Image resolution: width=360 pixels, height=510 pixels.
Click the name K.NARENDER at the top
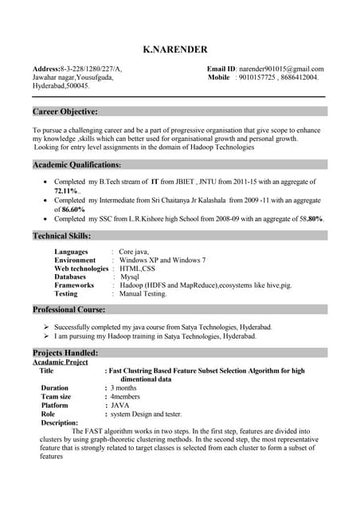pos(174,49)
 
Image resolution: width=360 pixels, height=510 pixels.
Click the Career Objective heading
pos(65,112)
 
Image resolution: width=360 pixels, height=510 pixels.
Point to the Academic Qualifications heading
pos(77,164)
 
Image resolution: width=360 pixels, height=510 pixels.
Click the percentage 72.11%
pos(67,191)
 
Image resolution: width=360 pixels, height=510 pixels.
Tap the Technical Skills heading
pos(62,236)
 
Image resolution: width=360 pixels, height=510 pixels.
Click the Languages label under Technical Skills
pos(71,252)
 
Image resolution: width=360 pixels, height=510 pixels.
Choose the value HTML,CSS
pos(136,269)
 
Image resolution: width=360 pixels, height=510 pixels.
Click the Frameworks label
pos(74,285)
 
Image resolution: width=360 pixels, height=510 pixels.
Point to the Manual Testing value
pos(143,293)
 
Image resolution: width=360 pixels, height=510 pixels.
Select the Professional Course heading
pos(69,309)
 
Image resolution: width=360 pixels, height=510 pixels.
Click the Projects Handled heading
pos(65,352)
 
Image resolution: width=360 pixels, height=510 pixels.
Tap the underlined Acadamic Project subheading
pos(61,362)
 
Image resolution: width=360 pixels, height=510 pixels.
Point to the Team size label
pos(56,396)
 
